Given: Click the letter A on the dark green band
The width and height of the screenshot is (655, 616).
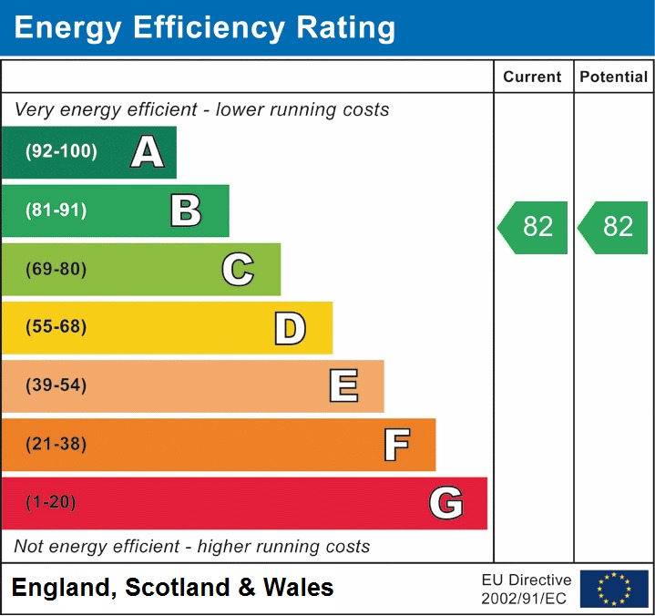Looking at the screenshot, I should (148, 152).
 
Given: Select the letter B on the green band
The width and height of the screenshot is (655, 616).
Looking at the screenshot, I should (186, 210).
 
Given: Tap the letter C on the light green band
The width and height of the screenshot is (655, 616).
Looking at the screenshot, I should (238, 270).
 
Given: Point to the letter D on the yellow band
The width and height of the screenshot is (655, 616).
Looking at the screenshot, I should (290, 328).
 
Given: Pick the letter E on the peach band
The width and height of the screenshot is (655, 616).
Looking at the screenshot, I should (343, 386).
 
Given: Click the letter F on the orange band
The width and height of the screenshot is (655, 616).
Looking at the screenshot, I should (396, 445).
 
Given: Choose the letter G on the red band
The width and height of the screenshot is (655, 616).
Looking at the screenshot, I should (446, 503).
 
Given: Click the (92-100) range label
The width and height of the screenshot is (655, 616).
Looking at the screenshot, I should (61, 152).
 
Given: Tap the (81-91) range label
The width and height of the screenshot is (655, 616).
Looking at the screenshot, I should (56, 210).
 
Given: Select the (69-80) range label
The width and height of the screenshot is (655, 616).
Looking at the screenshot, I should (56, 270).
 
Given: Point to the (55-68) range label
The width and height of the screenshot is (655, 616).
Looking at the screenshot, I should (56, 327).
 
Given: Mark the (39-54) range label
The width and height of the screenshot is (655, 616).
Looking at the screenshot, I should (56, 385).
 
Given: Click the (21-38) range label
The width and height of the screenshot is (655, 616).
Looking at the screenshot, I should (56, 445).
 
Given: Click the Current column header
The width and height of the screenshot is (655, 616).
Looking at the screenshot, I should (533, 77).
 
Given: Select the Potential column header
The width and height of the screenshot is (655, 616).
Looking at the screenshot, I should (614, 77).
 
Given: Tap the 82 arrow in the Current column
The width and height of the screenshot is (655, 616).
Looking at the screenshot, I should (534, 227).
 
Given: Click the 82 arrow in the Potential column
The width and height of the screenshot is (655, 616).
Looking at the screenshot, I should (614, 227).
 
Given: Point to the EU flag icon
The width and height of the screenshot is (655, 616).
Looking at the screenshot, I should (614, 589).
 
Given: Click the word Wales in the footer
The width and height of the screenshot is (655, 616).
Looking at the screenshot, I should (299, 588).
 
